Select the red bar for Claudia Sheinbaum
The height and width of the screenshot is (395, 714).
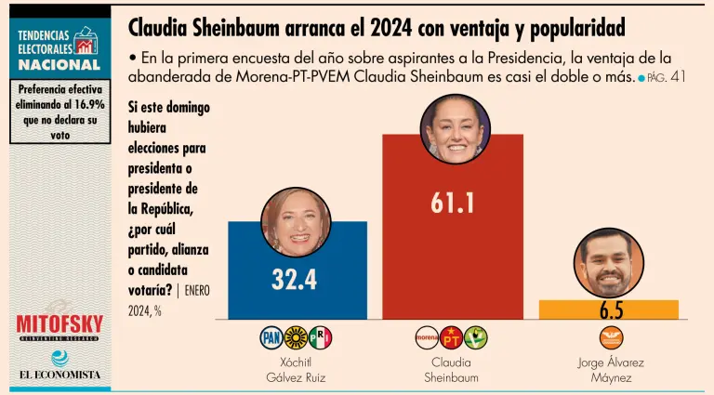(453, 260)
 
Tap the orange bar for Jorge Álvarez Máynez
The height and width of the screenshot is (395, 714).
(609, 309)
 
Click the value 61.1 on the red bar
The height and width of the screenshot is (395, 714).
(453, 203)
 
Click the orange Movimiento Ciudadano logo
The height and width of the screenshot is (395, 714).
(611, 337)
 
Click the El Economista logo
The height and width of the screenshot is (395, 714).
(59, 375)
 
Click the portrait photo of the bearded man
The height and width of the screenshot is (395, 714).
(609, 264)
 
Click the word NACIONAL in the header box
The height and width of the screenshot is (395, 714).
(59, 65)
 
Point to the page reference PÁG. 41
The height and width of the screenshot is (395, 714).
(666, 77)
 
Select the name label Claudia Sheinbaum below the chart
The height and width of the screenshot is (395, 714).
(451, 369)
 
